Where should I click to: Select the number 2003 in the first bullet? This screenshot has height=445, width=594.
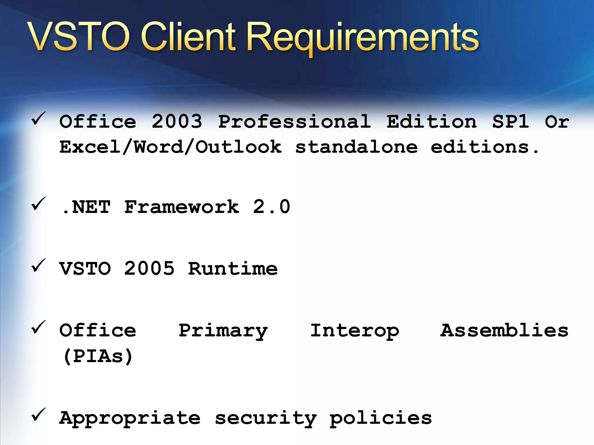(x=177, y=121)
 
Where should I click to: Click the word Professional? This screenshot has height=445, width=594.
(x=294, y=121)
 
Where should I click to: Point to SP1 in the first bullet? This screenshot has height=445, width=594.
(x=510, y=121)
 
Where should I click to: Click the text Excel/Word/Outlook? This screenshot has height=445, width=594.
(x=170, y=147)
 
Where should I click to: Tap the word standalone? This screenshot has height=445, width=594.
(x=356, y=147)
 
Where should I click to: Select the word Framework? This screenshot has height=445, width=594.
(x=182, y=207)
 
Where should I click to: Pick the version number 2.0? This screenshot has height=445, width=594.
(x=271, y=207)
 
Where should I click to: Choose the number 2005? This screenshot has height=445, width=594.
(x=149, y=269)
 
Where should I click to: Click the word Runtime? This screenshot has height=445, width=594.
(x=233, y=269)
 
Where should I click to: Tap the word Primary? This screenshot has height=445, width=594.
(x=223, y=331)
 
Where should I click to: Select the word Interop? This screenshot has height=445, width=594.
(x=354, y=331)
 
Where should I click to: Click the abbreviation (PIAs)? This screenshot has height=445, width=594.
(x=98, y=356)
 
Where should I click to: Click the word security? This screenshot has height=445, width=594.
(x=265, y=418)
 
